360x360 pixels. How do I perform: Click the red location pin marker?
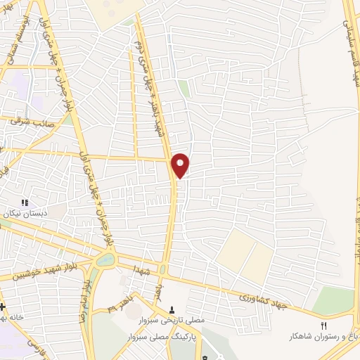point(181,165)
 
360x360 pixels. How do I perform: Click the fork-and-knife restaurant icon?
point(324,326)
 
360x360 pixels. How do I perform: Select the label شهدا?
point(136,269)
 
